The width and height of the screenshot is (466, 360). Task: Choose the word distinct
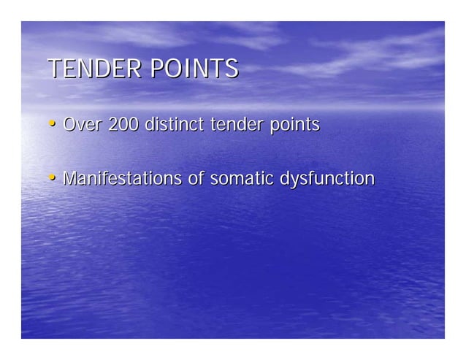click(175, 125)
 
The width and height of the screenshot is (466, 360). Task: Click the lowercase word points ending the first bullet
click(294, 126)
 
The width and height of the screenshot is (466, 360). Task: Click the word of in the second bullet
click(195, 178)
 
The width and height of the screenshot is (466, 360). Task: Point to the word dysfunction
click(327, 180)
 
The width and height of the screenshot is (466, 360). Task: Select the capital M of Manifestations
click(70, 178)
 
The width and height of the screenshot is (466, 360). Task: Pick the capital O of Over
click(70, 125)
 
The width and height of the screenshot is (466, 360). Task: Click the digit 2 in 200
click(112, 125)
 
